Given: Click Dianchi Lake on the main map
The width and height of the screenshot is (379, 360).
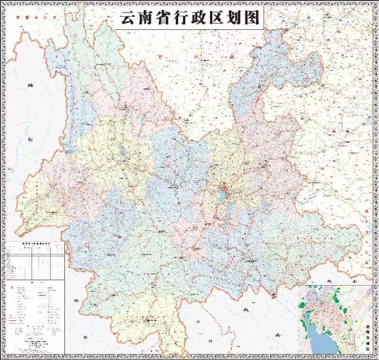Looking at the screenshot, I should (222, 197).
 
